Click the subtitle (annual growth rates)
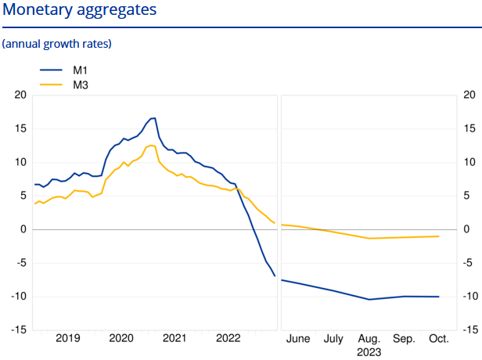tap(57, 44)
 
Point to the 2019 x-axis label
tap(67, 339)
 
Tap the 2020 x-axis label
tap(121, 339)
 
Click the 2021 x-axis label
tap(174, 339)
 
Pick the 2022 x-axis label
tap(228, 339)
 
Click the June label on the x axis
tap(299, 339)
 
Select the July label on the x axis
tap(334, 339)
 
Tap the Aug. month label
tap(369, 339)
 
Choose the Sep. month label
tap(404, 339)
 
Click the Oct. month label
tap(439, 339)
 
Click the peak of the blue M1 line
tap(154, 118)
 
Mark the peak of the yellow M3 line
tap(153, 145)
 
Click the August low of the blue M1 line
tap(369, 299)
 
